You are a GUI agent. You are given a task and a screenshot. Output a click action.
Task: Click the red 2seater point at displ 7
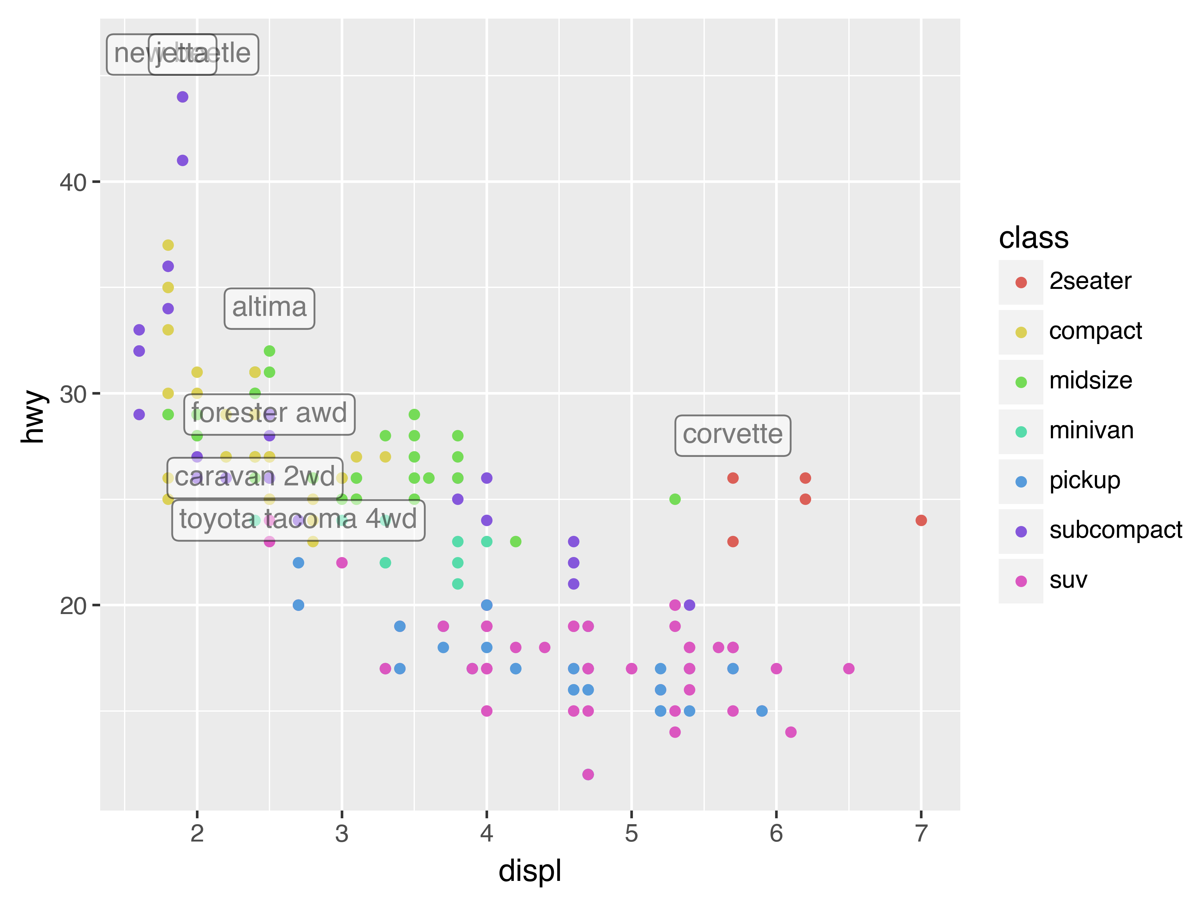(x=921, y=520)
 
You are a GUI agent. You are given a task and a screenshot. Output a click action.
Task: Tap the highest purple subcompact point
(x=182, y=97)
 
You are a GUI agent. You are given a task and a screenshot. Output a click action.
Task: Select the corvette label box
(x=733, y=435)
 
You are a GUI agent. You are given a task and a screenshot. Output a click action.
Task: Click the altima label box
(x=269, y=308)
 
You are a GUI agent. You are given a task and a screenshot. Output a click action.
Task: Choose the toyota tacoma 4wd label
(x=298, y=520)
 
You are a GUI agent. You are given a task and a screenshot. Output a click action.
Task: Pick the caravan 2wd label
(x=255, y=478)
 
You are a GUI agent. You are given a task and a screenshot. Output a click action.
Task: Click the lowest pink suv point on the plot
(x=588, y=774)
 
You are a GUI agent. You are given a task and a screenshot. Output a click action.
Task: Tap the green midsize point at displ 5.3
(x=675, y=499)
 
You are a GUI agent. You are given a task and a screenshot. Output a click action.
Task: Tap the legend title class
(x=1033, y=238)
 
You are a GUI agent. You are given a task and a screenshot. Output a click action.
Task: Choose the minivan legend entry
(x=1091, y=431)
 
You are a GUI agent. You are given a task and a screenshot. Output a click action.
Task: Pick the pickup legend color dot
(x=1021, y=482)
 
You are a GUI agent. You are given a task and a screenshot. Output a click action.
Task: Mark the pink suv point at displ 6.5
(x=849, y=668)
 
